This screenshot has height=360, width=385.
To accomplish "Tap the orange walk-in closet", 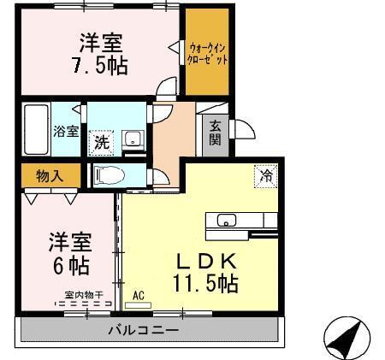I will click(208, 53).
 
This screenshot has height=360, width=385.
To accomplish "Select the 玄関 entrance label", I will click(215, 133).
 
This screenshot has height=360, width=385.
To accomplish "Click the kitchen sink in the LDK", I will click(227, 220).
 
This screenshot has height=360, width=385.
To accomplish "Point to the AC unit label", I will click(139, 298).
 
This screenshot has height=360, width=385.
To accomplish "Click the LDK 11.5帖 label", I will click(205, 271).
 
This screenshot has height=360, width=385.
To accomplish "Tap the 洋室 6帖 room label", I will click(68, 251).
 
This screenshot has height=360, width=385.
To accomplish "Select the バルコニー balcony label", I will click(143, 329).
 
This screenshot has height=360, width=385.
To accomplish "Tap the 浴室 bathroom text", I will click(66, 132).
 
